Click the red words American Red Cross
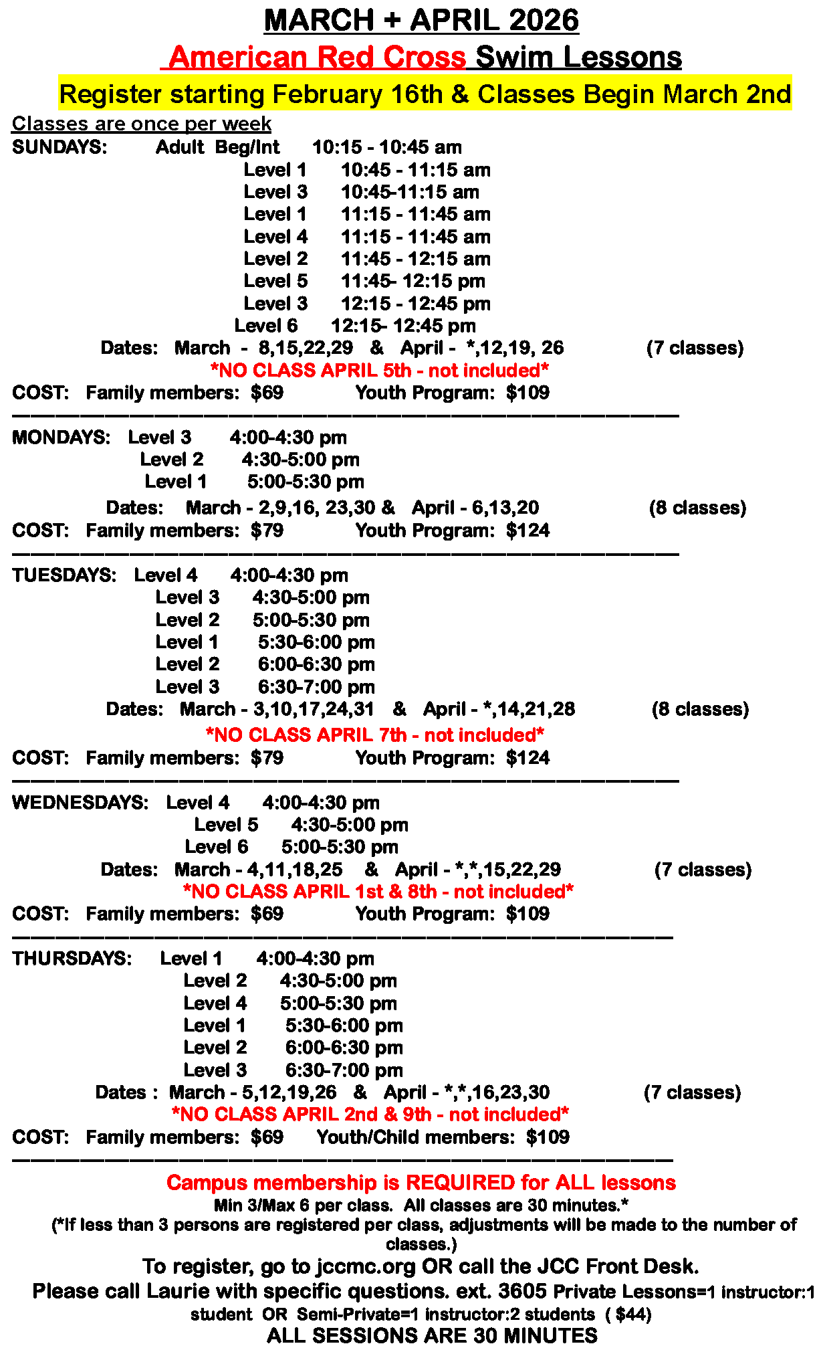(317, 58)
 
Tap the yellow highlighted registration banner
(425, 94)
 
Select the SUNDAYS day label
(60, 147)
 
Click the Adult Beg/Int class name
(218, 147)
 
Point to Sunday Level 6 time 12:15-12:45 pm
(403, 326)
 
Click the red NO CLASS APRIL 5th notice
(379, 370)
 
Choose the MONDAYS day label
(61, 438)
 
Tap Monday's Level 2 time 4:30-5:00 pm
(301, 460)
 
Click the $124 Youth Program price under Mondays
(528, 530)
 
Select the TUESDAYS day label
(64, 575)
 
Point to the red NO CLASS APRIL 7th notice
(374, 735)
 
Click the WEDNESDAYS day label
(80, 803)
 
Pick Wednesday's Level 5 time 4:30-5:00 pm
(350, 825)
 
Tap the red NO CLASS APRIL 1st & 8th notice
(378, 892)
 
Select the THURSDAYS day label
(72, 959)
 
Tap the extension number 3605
(523, 1290)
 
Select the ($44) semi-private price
(628, 1315)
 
